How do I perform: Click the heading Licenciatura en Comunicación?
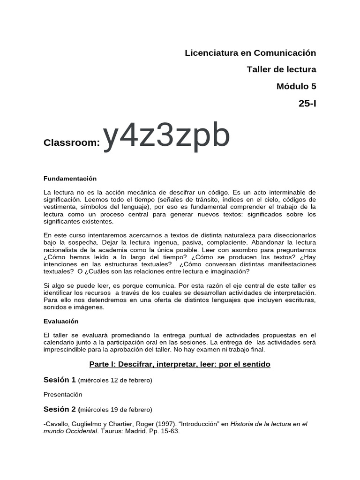tap(251, 53)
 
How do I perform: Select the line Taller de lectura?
tap(281, 69)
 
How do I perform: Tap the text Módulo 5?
tap(296, 86)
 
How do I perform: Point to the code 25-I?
tap(307, 103)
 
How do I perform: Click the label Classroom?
tap(72, 142)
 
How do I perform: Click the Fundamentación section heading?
tap(70, 179)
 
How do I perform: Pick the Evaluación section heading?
tap(61, 322)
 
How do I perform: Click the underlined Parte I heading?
tap(180, 364)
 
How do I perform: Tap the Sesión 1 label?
tap(60, 379)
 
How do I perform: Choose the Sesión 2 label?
tap(60, 409)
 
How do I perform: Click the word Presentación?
tap(63, 394)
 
